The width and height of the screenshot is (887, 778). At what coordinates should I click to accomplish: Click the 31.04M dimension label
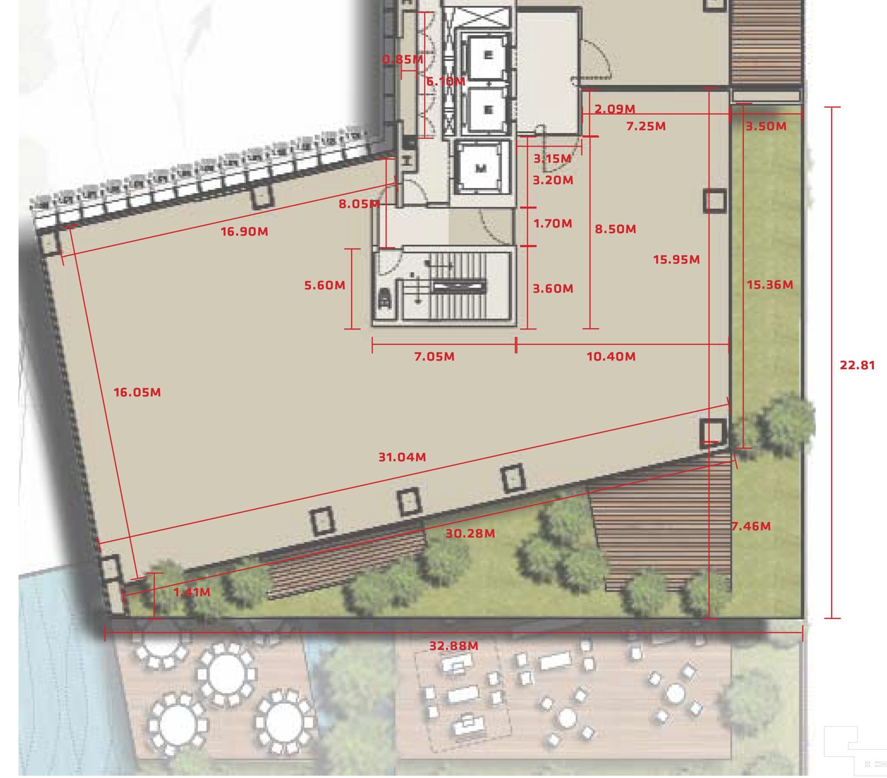coord(402,457)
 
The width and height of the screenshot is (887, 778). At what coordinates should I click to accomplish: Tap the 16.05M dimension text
coord(137,393)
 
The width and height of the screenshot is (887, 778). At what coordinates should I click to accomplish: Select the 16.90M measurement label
coord(244,232)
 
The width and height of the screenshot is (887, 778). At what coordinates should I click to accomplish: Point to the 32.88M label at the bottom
coord(453,646)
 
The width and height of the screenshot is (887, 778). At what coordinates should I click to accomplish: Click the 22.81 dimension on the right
coord(857,365)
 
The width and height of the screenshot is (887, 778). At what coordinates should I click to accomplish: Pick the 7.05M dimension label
coord(435,357)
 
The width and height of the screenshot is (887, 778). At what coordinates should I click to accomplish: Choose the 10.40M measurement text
coord(611,357)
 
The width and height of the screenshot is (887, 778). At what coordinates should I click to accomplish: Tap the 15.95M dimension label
coord(676,260)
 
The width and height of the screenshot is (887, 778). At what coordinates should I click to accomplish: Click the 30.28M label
coord(471,533)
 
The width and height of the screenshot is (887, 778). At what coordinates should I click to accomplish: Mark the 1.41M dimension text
coord(192,592)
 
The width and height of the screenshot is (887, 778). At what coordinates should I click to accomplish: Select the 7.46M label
coord(751,526)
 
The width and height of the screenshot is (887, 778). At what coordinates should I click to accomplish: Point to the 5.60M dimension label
coord(325,286)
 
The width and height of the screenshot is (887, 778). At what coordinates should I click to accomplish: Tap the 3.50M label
coord(766,126)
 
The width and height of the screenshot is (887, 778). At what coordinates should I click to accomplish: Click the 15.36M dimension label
coord(770,285)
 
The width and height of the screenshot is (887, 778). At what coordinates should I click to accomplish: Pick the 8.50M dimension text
coord(615,229)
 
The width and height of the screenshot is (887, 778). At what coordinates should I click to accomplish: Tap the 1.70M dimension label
coord(553,223)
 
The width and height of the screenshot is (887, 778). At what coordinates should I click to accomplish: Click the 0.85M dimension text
coord(403,59)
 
